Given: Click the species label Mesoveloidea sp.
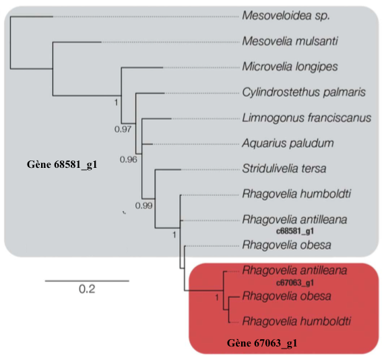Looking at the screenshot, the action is tap(286, 16).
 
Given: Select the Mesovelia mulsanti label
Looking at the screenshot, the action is tap(290, 41).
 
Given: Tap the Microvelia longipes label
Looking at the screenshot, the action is tap(290, 67).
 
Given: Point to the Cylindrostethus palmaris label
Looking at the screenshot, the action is tap(304, 92).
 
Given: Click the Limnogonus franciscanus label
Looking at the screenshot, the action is tap(307, 118).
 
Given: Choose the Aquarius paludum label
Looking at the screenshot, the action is tap(288, 144).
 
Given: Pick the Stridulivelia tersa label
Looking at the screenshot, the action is tap(284, 169).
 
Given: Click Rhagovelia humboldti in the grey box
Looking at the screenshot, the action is tap(296, 194).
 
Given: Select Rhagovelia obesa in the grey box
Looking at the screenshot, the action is tap(286, 245).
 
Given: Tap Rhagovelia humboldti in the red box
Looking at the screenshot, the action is tap(296, 322).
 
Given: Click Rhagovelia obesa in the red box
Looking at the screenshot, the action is tap(286, 296).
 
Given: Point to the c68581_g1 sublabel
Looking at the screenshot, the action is tap(295, 231).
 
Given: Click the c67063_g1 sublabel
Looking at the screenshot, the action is tap(295, 282).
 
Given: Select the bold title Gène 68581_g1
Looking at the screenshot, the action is tap(62, 164).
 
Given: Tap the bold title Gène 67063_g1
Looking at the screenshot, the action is tap(262, 343).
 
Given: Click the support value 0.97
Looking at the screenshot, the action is tap(123, 129).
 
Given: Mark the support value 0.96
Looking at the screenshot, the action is tap(128, 160).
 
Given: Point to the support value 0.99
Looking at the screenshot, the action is tap(143, 206).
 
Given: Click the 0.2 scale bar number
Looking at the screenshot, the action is tap(87, 289).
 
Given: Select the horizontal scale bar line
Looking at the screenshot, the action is tap(87, 280).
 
